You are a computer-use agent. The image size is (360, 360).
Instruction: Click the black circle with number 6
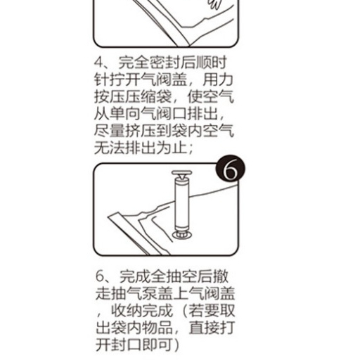pyautogui.click(x=231, y=169)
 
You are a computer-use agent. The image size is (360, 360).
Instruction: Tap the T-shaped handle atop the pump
pyautogui.click(x=181, y=174)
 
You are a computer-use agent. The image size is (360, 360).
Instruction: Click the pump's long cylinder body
pyautogui.click(x=182, y=204)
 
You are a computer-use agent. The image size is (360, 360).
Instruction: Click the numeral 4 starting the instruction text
pyautogui.click(x=99, y=63)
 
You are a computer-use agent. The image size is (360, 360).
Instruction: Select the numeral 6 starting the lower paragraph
pyautogui.click(x=100, y=276)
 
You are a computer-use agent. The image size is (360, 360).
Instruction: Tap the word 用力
pyautogui.click(x=218, y=80)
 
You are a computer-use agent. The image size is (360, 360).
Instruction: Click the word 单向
pyautogui.click(x=125, y=114)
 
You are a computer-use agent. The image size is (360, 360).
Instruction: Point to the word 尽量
pyautogui.click(x=109, y=131)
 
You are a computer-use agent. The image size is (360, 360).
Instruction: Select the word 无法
pyautogui.click(x=109, y=148)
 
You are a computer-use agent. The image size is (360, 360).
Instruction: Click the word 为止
pyautogui.click(x=172, y=148)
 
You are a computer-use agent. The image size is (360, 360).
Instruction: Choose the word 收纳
pyautogui.click(x=127, y=311)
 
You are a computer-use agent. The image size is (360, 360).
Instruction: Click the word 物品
pyautogui.click(x=157, y=328)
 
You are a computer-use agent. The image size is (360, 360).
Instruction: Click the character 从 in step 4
pyautogui.click(x=101, y=114)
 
